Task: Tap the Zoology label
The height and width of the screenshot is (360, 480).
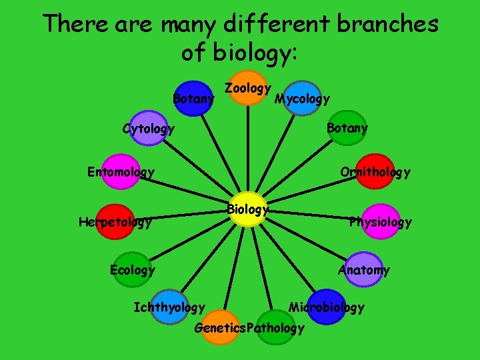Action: [247, 88]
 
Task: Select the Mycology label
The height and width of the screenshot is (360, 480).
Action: [303, 99]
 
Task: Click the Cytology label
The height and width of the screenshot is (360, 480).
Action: [149, 129]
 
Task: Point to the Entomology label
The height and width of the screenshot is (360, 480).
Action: [121, 172]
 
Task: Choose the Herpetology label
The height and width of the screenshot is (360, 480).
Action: [115, 222]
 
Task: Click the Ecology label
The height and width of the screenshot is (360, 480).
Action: [132, 270]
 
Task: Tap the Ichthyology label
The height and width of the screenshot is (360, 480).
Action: [169, 307]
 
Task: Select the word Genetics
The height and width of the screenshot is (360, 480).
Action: [219, 328]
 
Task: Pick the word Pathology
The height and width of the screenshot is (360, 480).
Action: [275, 328]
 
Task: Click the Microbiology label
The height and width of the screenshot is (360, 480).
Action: [327, 307]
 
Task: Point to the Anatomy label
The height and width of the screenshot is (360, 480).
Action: [364, 270]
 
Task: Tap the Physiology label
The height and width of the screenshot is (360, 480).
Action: [381, 222]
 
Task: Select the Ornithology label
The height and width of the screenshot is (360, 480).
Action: [375, 172]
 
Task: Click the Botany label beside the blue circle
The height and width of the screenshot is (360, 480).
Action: [193, 99]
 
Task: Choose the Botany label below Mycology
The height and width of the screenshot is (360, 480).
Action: [347, 128]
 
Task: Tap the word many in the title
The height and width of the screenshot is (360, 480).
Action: [193, 24]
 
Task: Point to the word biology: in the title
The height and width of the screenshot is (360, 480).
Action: [255, 53]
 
